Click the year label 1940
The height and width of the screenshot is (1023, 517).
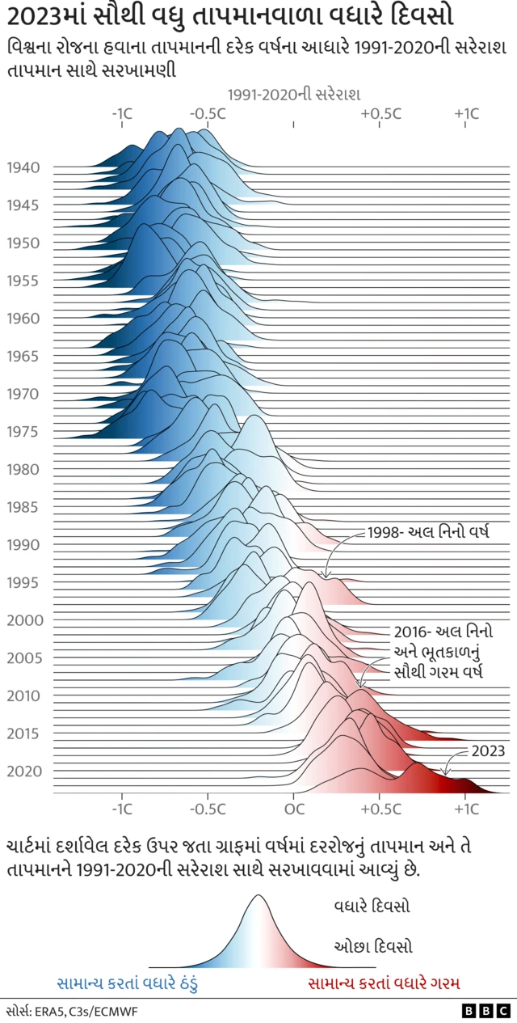23,168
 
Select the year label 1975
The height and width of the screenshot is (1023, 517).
23,432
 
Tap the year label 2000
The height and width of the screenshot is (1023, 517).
23,620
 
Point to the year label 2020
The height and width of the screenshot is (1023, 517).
23,771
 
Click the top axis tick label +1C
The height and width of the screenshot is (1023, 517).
466,114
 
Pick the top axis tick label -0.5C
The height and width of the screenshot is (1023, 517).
208,114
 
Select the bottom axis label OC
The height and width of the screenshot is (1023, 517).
294,808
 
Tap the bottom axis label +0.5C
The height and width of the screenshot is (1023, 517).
380,808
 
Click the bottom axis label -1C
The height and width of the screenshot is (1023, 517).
122,808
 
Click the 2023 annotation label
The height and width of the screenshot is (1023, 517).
489,750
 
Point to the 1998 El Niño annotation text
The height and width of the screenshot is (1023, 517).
428,532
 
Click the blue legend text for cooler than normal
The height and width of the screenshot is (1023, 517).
127,983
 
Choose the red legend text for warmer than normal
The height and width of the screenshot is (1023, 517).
384,983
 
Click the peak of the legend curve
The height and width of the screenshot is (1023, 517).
258,896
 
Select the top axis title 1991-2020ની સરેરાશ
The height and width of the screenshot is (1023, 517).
294,95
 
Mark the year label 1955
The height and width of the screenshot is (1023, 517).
23,281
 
